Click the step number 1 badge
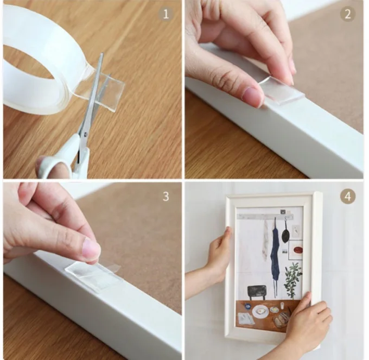click(x=166, y=14)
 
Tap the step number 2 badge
click(x=348, y=14)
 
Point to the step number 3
click(x=166, y=196)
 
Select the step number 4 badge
click(x=348, y=196)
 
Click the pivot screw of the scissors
click(x=85, y=134)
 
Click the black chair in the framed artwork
click(x=257, y=293)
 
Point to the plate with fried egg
click(x=260, y=312)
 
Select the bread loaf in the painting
click(x=282, y=319)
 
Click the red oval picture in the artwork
click(x=296, y=250)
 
